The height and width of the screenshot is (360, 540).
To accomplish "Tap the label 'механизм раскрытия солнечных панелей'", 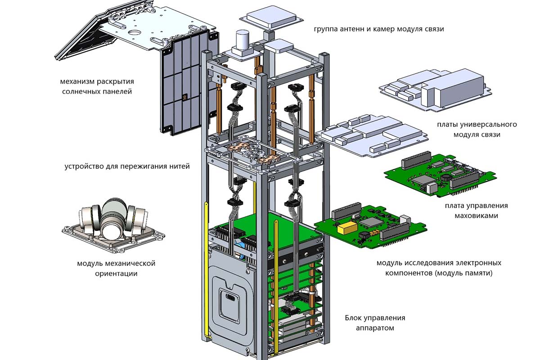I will coord(97,87).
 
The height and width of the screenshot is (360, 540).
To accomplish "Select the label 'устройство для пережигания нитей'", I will coord(127,166).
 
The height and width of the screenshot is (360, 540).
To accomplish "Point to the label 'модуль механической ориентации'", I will coord(116,268).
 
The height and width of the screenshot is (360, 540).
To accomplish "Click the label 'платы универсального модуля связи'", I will coord(477,129).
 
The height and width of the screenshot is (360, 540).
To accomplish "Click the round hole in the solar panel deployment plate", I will coord(134,33).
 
